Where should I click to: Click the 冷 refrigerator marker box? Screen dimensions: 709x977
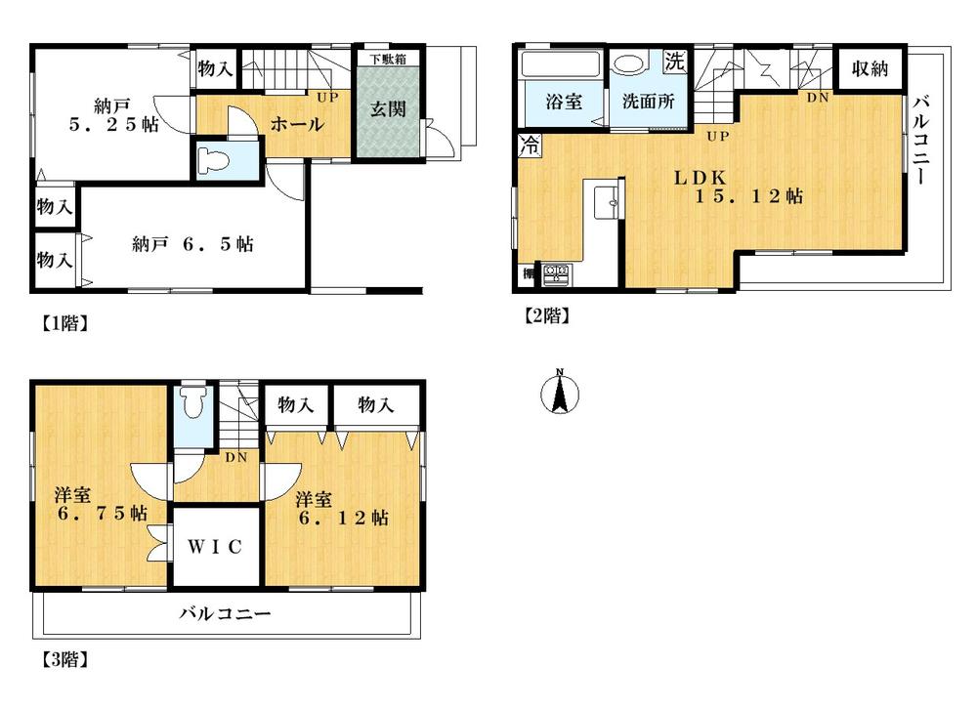[x=529, y=146]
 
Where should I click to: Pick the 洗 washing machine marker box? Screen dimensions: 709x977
[x=674, y=61]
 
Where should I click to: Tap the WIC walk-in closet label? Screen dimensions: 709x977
[x=216, y=546]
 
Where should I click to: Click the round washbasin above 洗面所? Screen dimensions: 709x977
[x=628, y=64]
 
